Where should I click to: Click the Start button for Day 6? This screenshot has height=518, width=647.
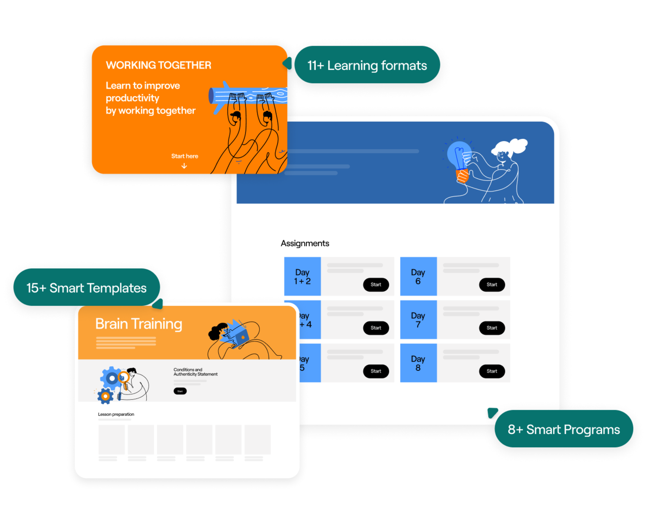tap(492, 284)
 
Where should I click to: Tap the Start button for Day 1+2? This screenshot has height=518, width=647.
tap(376, 284)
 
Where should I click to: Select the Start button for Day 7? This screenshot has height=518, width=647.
tap(492, 328)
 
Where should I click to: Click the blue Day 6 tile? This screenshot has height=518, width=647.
tap(418, 276)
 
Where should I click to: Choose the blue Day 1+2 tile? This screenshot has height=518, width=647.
tap(302, 276)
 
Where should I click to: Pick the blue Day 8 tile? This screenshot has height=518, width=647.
tap(418, 363)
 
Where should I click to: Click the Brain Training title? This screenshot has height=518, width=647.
tap(139, 324)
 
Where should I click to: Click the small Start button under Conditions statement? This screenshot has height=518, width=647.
tap(180, 391)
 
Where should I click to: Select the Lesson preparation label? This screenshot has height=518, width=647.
tap(116, 414)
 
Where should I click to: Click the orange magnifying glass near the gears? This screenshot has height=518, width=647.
tap(123, 377)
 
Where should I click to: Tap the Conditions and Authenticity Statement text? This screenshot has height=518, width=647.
tap(195, 372)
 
